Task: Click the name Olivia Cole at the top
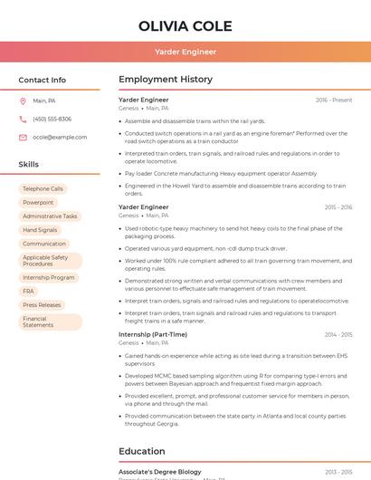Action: (185, 26)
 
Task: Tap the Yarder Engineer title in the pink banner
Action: (185, 52)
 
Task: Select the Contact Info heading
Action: (43, 80)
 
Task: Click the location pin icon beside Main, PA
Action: (23, 101)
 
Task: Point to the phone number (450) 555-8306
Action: (52, 119)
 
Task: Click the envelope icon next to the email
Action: (23, 138)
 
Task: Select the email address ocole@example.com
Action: (60, 138)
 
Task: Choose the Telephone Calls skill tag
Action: (43, 189)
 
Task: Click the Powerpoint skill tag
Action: (38, 203)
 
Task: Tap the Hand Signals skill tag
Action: (40, 230)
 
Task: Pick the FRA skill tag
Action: (28, 291)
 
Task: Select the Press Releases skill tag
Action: (42, 305)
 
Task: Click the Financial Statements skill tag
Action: (38, 322)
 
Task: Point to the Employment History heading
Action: (166, 80)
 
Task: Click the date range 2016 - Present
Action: (334, 100)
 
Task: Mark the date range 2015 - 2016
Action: (338, 207)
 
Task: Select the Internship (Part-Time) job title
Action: (153, 334)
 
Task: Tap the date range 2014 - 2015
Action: (338, 335)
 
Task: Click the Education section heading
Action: (142, 451)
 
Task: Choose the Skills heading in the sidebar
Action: (29, 165)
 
